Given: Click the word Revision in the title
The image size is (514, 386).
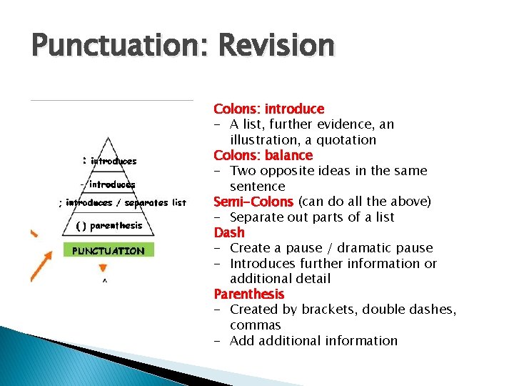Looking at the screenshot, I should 276,46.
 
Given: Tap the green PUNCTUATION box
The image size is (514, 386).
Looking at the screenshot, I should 108,251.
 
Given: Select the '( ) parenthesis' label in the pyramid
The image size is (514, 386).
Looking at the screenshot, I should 109,226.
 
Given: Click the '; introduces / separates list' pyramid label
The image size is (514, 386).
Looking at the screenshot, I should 122,203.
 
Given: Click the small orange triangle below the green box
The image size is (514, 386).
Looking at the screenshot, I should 103,269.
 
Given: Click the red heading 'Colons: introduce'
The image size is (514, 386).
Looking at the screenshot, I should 268,109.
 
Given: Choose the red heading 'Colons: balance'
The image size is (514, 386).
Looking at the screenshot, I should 263,155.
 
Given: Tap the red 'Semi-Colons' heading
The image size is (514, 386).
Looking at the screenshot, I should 253,202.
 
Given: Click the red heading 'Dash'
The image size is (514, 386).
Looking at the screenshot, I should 228,232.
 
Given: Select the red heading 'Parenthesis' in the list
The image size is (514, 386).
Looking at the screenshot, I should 248,294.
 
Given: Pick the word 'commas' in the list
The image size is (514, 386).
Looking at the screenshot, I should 255,325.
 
